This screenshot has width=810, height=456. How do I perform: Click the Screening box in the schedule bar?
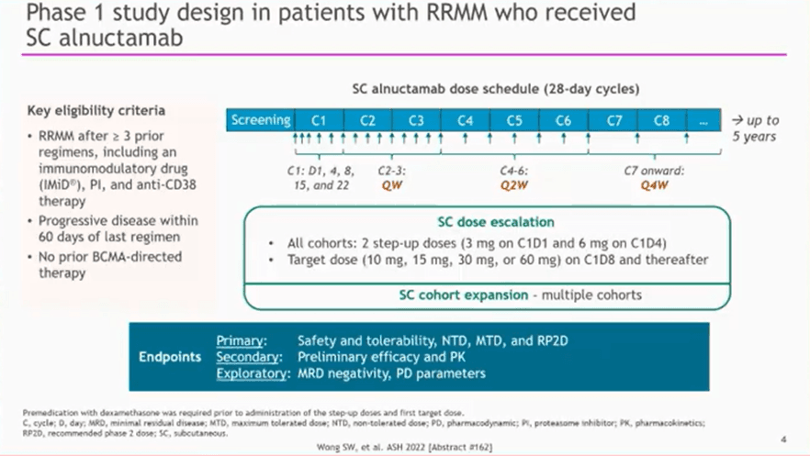(x=261, y=120)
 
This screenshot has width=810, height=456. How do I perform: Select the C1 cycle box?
(x=320, y=120)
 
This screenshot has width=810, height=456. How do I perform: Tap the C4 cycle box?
(x=465, y=120)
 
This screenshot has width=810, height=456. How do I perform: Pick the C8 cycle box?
(x=662, y=120)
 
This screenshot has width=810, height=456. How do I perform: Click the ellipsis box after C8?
(x=703, y=120)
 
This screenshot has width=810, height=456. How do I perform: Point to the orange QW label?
(x=391, y=185)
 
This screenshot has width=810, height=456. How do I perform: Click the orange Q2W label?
(x=514, y=185)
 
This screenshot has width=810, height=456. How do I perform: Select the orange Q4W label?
(x=655, y=185)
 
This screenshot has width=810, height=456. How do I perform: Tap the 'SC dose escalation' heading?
(x=496, y=222)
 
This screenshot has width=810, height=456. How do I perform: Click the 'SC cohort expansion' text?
(x=464, y=295)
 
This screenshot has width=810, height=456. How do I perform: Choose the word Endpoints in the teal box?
(x=170, y=357)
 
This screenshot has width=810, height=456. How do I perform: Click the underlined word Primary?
(x=241, y=341)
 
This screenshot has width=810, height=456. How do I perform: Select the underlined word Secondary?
(x=248, y=357)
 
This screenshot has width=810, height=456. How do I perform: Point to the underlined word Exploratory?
(x=252, y=373)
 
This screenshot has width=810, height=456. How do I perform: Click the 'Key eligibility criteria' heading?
(x=96, y=111)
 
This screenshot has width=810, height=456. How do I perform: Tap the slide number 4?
(x=783, y=439)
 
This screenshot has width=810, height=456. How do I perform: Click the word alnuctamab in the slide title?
(x=121, y=38)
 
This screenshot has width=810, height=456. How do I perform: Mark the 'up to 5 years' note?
(x=755, y=128)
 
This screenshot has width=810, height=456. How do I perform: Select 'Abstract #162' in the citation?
(x=460, y=447)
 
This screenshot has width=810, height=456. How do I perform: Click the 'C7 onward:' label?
(x=654, y=171)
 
